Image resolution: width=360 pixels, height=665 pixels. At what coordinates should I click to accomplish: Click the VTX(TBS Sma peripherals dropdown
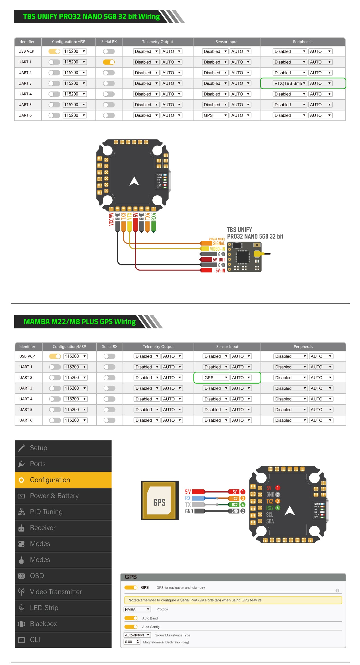[290, 84]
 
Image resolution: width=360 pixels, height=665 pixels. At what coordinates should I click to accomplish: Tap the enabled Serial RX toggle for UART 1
[109, 62]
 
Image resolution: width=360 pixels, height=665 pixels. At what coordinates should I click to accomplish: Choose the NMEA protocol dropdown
[137, 609]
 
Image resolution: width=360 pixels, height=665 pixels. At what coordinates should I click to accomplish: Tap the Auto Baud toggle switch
[131, 618]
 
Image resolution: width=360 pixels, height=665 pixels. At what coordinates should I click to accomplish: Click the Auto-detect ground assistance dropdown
[137, 635]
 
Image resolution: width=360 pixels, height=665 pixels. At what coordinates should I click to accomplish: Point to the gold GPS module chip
[160, 500]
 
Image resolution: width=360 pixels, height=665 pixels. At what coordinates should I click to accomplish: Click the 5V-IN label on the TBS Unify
[220, 271]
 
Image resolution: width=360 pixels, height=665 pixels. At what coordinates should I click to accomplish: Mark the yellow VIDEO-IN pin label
[217, 249]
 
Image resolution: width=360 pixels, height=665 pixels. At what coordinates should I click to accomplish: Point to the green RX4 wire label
[154, 217]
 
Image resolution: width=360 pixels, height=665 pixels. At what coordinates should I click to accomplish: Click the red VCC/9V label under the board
[111, 219]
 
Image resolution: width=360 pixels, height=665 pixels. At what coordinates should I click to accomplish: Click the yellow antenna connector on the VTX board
[258, 253]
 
